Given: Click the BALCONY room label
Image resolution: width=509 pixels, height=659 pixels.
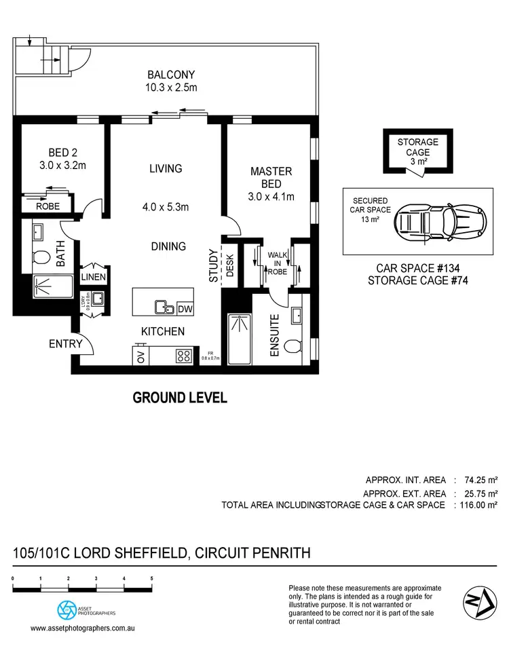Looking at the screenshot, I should [170, 75].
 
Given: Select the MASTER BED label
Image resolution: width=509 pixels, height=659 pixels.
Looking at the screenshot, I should [271, 177].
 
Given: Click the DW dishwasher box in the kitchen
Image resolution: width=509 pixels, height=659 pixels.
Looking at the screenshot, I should [185, 309].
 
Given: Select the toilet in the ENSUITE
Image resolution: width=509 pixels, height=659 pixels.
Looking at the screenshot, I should [293, 347].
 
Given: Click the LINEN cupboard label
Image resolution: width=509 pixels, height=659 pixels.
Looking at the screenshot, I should [94, 277].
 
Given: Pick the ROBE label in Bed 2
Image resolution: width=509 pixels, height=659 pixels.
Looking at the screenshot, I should [48, 206].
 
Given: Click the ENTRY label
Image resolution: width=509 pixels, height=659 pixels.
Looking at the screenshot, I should [65, 344].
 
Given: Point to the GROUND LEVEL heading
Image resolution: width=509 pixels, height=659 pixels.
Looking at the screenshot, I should [180, 398].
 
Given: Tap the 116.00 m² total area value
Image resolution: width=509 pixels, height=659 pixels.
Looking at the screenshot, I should [478, 504].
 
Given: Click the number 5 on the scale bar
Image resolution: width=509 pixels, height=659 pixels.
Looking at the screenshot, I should [151, 578].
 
